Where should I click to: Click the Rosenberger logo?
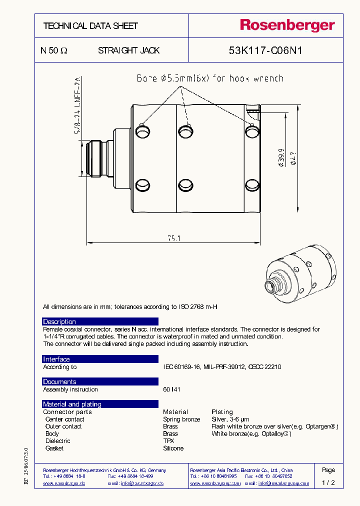287,25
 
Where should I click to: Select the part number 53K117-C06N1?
265,50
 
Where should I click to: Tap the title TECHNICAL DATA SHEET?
90,26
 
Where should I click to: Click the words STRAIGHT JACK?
128,50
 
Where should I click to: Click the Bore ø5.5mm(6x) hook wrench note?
210,78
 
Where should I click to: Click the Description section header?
59,321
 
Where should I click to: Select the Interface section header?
56,359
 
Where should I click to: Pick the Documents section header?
59,381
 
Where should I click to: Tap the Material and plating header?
72,404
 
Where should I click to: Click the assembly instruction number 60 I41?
171,389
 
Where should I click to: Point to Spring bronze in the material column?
181,419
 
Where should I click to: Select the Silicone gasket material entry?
173,448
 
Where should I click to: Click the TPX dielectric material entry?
168,441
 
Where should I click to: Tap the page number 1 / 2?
328,483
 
